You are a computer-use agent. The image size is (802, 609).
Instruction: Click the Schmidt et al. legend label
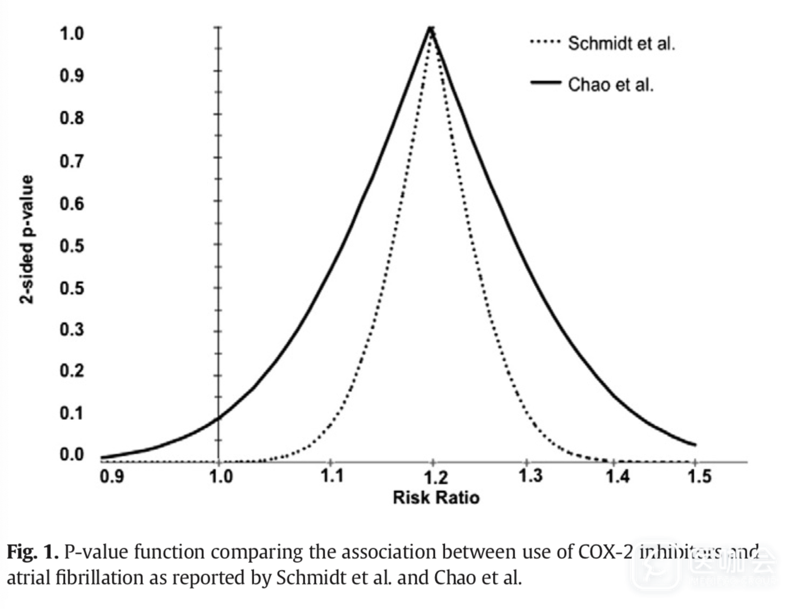point(621,44)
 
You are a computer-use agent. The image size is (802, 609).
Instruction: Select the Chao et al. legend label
point(610,85)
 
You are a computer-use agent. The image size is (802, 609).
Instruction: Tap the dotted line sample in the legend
point(546,42)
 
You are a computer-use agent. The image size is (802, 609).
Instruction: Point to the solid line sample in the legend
point(546,83)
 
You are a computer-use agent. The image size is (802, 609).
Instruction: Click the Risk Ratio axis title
point(436,497)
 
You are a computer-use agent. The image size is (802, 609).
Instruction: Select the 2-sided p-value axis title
point(26,239)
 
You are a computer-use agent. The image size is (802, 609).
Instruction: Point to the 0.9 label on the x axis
point(112,476)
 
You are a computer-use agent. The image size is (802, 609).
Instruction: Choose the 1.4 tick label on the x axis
point(618,476)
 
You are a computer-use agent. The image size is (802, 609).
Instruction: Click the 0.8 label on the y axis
point(72,118)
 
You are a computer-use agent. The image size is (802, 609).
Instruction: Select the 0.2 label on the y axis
point(72,371)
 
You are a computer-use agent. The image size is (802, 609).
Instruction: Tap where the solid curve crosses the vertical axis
point(218,418)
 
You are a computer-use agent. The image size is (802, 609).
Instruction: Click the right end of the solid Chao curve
point(695,445)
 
